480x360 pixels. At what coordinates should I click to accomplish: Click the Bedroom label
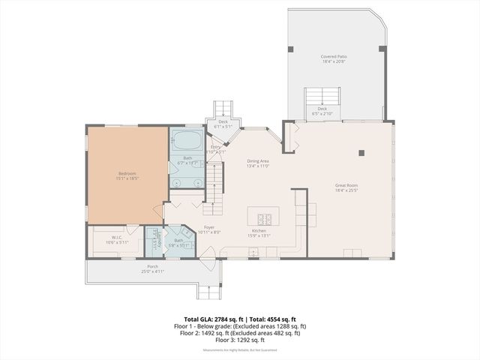127,174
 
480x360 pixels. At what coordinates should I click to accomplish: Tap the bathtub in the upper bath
187,141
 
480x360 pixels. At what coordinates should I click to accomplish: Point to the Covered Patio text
334,56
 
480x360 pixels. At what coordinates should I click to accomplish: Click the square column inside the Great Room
361,152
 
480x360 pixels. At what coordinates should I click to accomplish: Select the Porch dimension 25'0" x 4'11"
152,271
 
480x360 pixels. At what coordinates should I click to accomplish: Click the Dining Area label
258,161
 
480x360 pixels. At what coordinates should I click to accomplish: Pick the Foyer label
209,227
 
